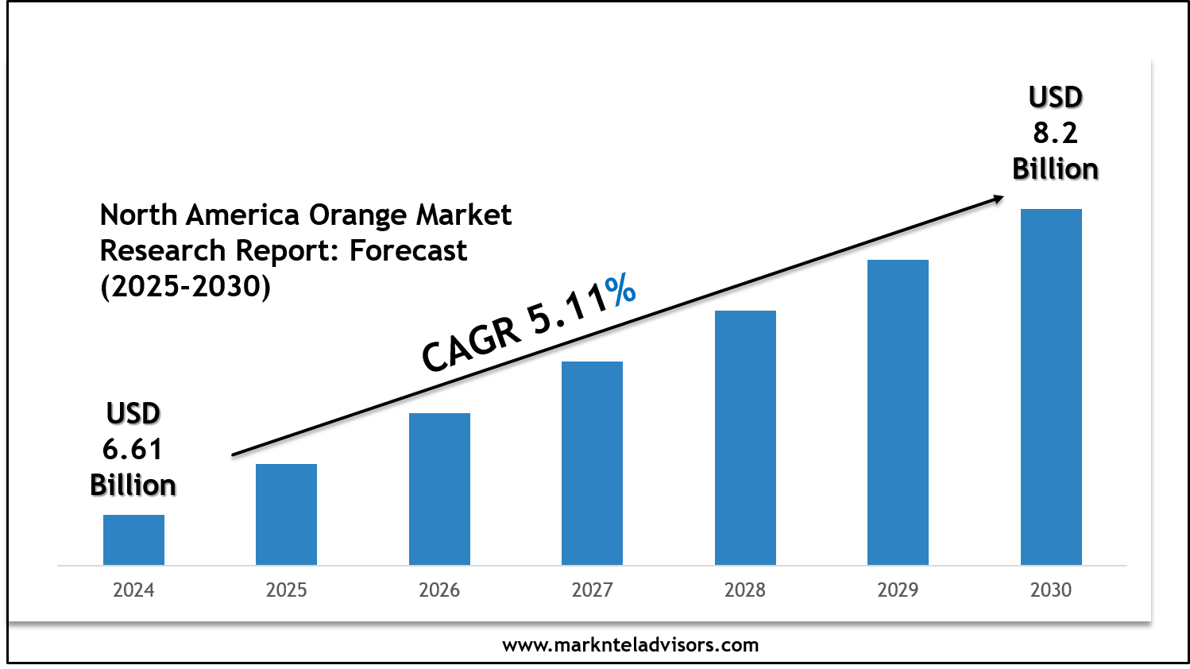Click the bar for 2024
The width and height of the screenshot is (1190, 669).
point(133,539)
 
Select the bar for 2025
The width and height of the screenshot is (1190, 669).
point(286,514)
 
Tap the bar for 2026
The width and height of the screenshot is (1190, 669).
point(439,489)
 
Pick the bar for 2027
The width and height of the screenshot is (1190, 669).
point(592,463)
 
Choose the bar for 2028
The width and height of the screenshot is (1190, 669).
point(745,438)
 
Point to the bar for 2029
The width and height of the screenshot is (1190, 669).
point(898,412)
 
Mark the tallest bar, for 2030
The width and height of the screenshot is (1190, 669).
point(1051,387)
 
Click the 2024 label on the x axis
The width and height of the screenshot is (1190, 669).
point(133,590)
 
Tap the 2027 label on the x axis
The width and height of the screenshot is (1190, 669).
point(592,590)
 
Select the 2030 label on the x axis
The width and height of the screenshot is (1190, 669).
point(1051,590)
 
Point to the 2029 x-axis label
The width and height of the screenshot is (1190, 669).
point(898,590)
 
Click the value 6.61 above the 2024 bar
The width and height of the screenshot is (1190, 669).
point(133,450)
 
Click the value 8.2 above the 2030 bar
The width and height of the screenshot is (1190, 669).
point(1055,133)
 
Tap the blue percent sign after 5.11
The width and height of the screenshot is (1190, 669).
point(620,291)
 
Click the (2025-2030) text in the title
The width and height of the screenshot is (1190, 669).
point(186,286)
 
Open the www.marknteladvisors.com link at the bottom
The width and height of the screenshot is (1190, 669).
point(630,645)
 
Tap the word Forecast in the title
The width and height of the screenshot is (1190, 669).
point(408,251)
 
